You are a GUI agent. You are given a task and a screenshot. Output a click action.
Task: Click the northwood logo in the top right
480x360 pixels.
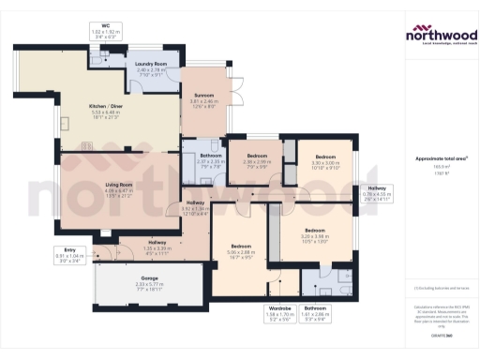click(441, 35)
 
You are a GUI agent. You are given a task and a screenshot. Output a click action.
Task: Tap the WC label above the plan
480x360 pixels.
click(106, 26)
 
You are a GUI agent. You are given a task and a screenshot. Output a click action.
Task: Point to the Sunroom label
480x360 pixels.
click(204, 95)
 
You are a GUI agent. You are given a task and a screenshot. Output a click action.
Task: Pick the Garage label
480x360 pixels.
click(149, 278)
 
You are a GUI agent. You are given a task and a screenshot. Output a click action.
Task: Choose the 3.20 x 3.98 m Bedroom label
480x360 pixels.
click(314, 230)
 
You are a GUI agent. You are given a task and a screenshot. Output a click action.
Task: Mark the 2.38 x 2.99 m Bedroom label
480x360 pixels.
click(258, 156)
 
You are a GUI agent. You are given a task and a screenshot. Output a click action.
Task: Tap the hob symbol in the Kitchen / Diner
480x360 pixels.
click(87, 145)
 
